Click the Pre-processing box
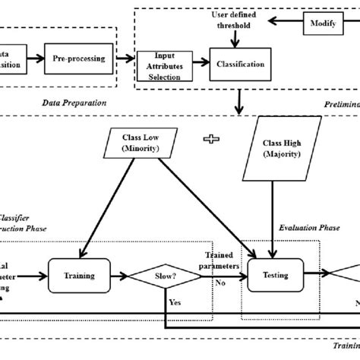[79, 57]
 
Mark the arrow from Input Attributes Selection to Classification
[199, 64]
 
